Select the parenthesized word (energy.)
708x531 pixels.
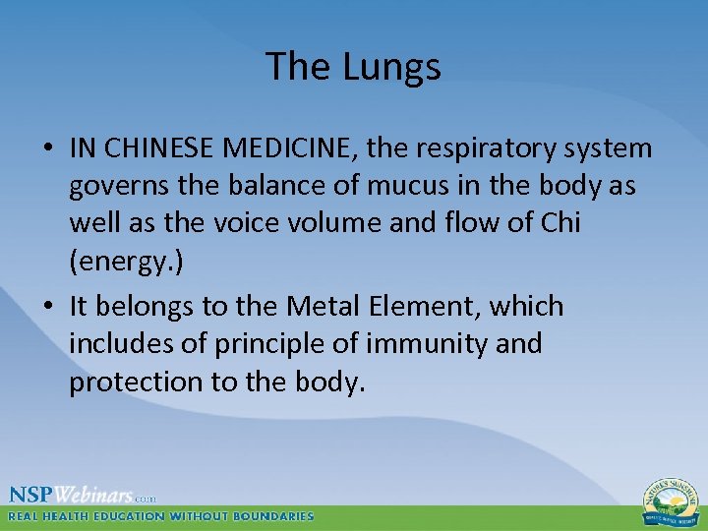tap(126, 261)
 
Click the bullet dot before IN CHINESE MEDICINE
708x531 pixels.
tap(47, 149)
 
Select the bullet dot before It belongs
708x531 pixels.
tap(47, 308)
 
